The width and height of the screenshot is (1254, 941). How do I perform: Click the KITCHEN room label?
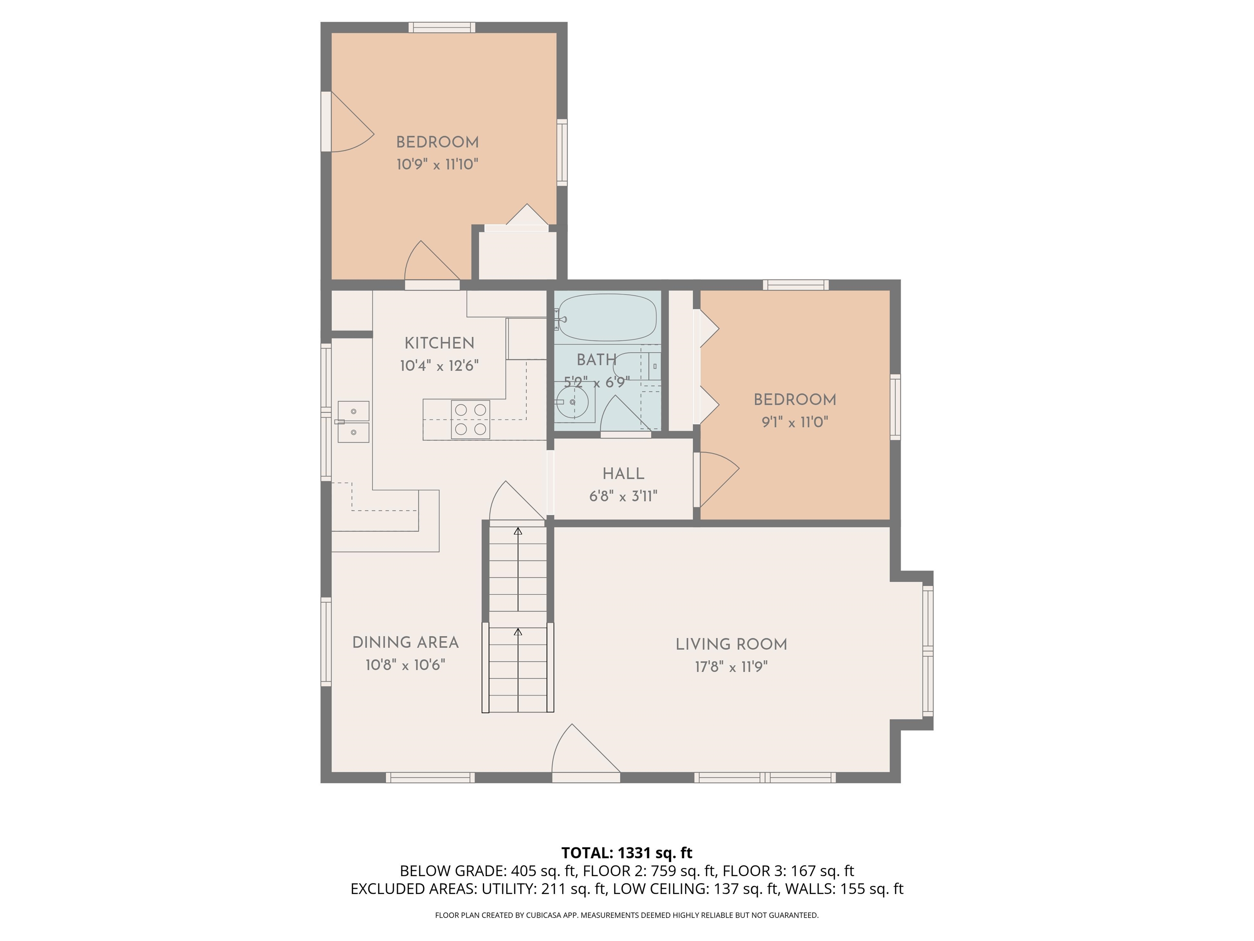point(439,343)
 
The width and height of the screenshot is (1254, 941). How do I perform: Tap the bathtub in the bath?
point(607,318)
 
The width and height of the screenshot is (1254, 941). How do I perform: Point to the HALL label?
point(623,474)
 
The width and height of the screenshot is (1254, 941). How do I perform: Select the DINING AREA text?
point(405,642)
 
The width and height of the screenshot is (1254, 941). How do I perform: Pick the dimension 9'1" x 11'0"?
point(795,422)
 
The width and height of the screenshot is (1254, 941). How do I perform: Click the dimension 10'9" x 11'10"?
point(437,165)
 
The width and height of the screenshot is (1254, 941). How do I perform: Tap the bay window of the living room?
point(927,651)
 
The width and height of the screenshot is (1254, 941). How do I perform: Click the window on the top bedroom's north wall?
point(442,27)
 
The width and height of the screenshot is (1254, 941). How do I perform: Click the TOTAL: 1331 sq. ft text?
point(627,852)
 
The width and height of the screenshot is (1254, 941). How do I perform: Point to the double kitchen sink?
point(353,421)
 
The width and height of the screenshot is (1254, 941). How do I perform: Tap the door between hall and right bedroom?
point(716,479)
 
